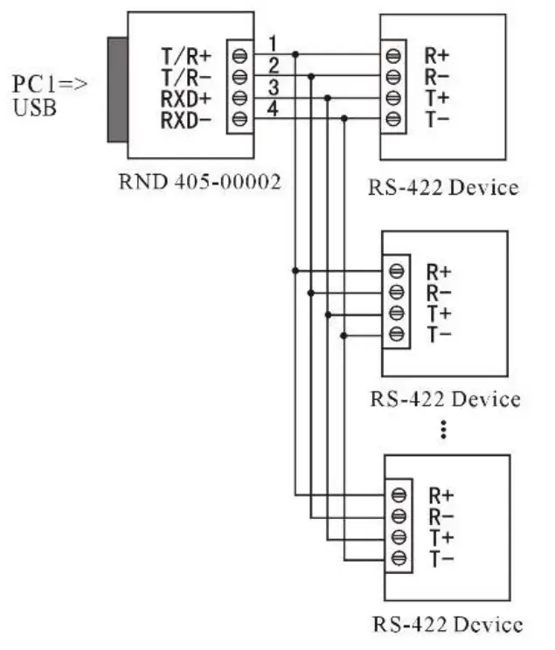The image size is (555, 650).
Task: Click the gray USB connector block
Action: (x=117, y=89)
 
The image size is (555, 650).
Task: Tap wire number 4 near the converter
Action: (x=273, y=108)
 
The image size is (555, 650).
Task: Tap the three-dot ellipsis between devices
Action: (x=444, y=429)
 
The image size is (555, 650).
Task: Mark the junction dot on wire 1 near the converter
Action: (x=295, y=54)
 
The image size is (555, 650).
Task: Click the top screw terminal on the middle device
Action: (x=397, y=270)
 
